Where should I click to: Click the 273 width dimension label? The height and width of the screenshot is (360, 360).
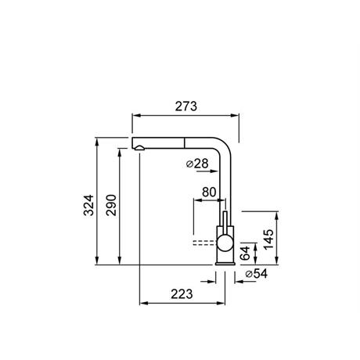(x=186, y=106)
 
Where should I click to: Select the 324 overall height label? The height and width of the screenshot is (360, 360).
(x=88, y=205)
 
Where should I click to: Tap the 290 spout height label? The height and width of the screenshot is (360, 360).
(x=111, y=205)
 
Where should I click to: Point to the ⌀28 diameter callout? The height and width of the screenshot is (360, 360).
(x=197, y=164)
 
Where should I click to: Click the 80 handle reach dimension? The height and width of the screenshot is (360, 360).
(x=209, y=192)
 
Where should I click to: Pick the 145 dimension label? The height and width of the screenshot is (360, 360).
(x=268, y=239)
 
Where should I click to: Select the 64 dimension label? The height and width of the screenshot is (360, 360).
(x=245, y=253)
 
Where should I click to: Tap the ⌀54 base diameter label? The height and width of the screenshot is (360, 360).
(x=257, y=274)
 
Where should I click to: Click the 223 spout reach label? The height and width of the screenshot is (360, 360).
(x=182, y=294)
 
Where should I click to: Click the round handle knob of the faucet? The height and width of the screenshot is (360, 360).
(x=225, y=243)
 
